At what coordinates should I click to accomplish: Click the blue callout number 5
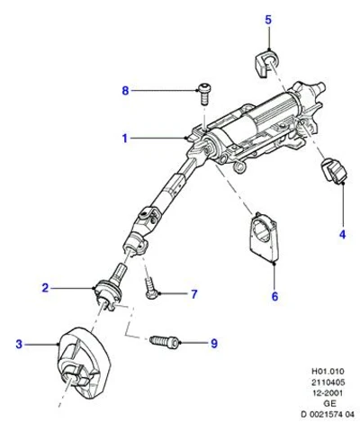[x=268, y=20]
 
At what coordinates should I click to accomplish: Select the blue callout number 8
[x=125, y=90]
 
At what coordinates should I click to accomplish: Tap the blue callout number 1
[x=125, y=139]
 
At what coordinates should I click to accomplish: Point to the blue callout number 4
[x=342, y=234]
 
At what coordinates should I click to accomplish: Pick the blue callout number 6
[x=274, y=296]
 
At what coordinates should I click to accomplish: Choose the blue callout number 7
[x=194, y=294]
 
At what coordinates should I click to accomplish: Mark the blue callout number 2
[x=45, y=288]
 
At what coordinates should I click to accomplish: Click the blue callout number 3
[x=19, y=344]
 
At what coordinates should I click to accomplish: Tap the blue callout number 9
[x=213, y=344]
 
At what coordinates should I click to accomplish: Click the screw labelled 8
[x=203, y=94]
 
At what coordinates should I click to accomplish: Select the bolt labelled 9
[x=165, y=341]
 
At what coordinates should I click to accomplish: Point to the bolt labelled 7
[x=150, y=287]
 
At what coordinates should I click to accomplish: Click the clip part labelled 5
[x=266, y=64]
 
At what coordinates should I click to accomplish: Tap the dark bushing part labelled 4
[x=334, y=170]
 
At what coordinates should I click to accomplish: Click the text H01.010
[x=328, y=372]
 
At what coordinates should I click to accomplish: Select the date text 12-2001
[x=328, y=393]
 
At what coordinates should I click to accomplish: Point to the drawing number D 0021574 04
[x=328, y=415]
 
